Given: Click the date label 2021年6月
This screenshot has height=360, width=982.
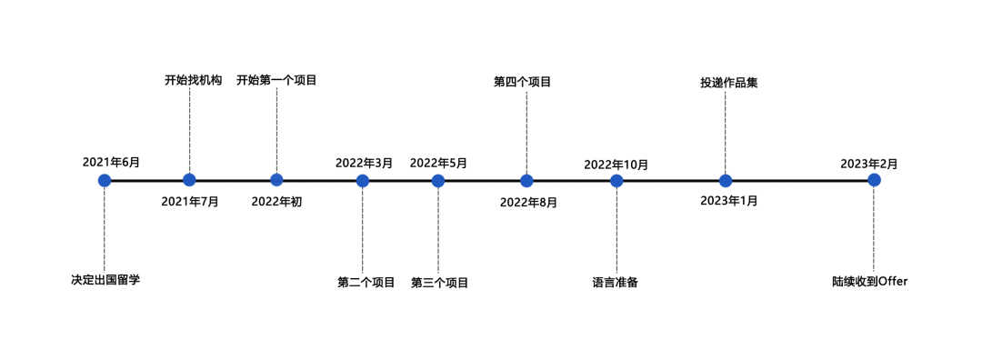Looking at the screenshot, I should click(x=111, y=163).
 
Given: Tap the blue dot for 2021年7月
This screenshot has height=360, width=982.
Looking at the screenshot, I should click(x=189, y=180).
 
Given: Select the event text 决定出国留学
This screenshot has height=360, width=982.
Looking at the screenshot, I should click(x=105, y=280).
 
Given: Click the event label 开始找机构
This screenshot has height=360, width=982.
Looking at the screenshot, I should click(x=193, y=80).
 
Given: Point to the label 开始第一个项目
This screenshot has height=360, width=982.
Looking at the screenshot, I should click(x=276, y=80).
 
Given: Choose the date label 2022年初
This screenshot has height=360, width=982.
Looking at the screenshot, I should click(x=276, y=202).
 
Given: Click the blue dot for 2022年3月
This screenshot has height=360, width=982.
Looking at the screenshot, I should click(x=363, y=180).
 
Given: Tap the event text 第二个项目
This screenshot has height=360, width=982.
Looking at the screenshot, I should click(x=366, y=283).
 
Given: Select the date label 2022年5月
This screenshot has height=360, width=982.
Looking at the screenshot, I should click(x=438, y=164).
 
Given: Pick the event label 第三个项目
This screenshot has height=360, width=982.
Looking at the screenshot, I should click(x=440, y=283).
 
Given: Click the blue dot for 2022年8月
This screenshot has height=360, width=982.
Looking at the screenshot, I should click(x=526, y=180).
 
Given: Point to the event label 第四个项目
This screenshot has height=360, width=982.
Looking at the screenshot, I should click(x=523, y=82).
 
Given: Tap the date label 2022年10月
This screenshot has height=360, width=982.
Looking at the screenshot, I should click(x=616, y=165).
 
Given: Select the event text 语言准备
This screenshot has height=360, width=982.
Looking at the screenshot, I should click(x=616, y=283).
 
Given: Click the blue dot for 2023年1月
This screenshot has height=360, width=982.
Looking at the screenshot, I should click(x=726, y=180).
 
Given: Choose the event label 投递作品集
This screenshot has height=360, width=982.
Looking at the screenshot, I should click(x=728, y=83).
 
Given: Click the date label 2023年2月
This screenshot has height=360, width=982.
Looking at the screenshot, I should click(x=868, y=164).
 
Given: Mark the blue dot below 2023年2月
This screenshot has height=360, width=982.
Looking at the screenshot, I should click(x=874, y=180).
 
